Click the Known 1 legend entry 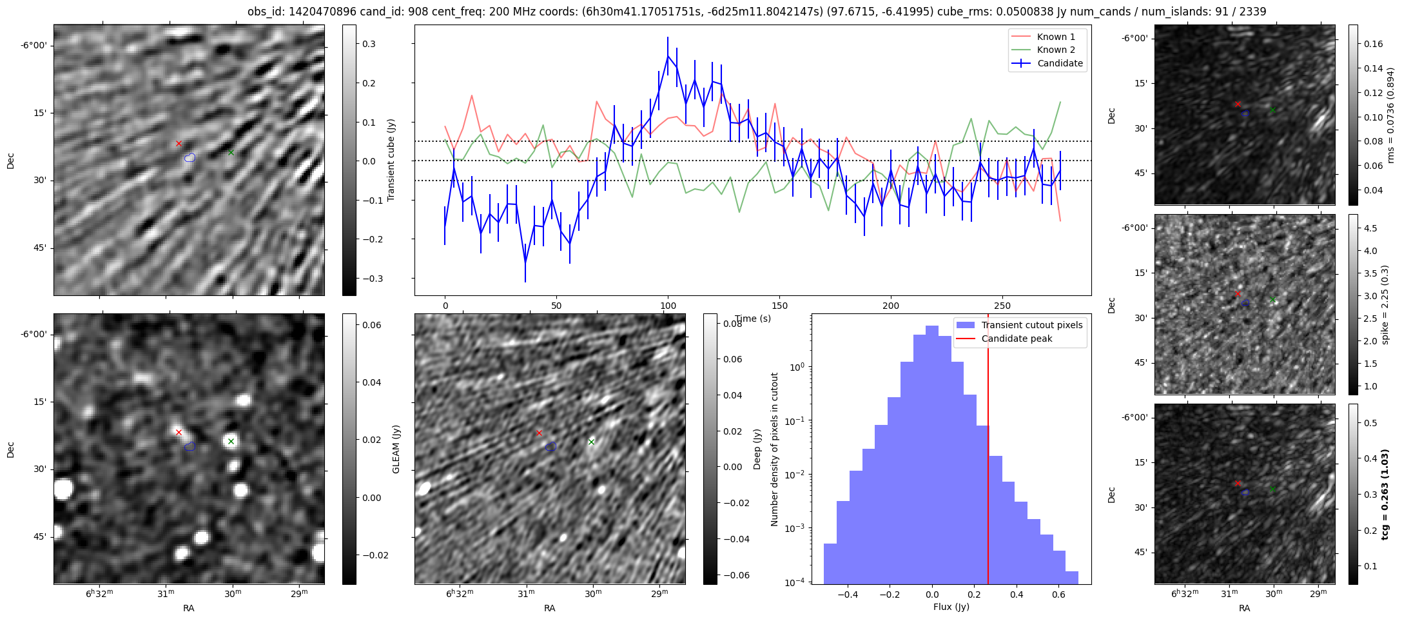[x=1056, y=37]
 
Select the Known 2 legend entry [x=1056, y=50]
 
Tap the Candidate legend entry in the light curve [x=1060, y=63]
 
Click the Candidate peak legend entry [x=1017, y=339]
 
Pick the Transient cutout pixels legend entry [x=1031, y=325]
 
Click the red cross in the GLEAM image [x=179, y=432]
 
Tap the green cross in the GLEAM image [x=231, y=442]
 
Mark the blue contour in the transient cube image [x=190, y=157]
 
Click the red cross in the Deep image [x=539, y=433]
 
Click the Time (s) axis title [x=753, y=319]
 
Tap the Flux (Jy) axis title [x=951, y=607]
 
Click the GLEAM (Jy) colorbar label [x=396, y=449]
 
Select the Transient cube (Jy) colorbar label [x=391, y=160]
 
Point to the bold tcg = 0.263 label [x=1385, y=494]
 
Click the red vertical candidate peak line [x=988, y=451]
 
